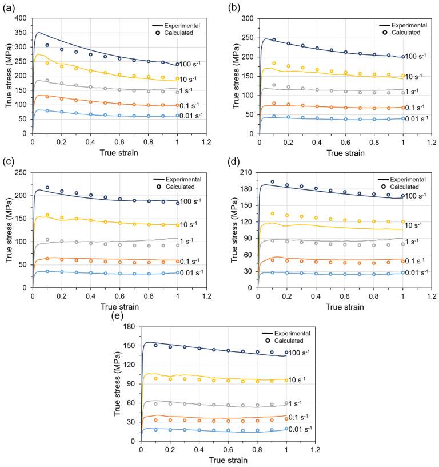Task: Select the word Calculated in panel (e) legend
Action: [x=292, y=341]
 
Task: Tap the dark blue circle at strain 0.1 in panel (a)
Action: [x=47, y=45]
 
